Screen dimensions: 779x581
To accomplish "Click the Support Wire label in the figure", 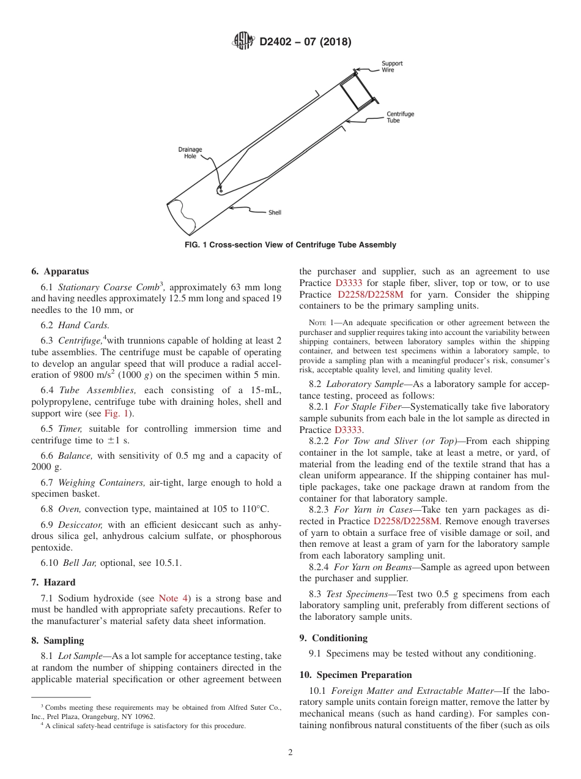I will tap(392, 67).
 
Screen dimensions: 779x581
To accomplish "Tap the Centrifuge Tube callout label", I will tap(400, 117).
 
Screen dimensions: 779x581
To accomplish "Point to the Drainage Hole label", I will tap(190, 152).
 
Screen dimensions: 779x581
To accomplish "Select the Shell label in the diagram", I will tap(275, 213).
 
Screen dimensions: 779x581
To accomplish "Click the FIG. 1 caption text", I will tap(290, 245).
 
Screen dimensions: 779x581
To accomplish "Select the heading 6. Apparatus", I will tap(60, 271).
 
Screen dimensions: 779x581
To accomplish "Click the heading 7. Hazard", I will tap(54, 582).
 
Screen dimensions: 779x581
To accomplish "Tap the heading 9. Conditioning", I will tap(333, 638).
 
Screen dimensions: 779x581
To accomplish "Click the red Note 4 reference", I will tap(174, 598).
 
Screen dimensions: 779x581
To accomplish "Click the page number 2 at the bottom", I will tap(290, 753).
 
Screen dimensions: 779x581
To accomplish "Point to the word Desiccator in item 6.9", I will tap(80, 525).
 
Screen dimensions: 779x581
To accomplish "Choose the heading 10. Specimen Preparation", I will tap(355, 674).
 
